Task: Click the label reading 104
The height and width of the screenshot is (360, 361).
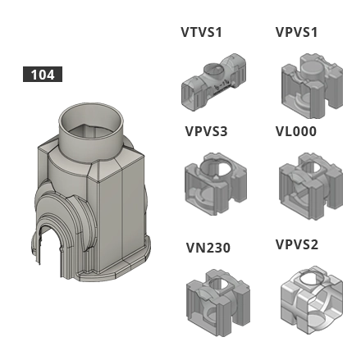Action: [x=42, y=75]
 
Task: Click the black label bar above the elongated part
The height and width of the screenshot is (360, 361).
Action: [x=199, y=33]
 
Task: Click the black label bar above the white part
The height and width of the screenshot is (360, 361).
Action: [x=297, y=244]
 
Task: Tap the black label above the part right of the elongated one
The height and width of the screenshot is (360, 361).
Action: [x=297, y=34]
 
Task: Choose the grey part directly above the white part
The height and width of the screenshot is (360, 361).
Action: [x=304, y=180]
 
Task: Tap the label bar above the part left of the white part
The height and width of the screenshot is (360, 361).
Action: [x=209, y=248]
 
